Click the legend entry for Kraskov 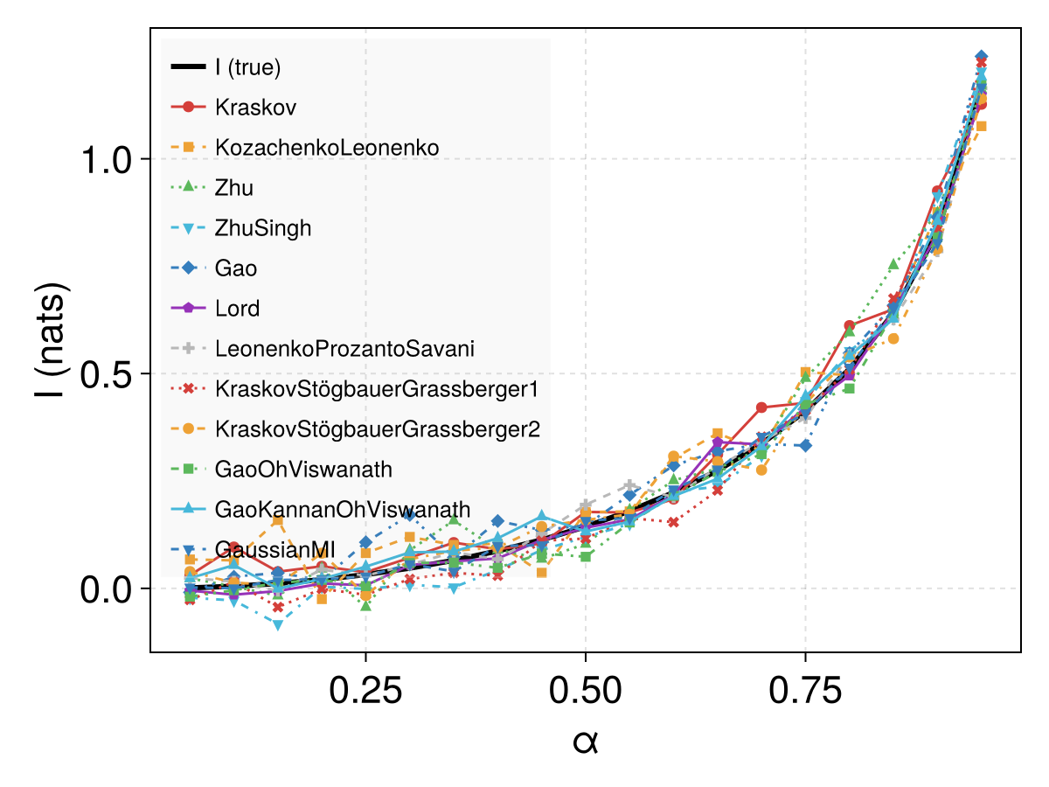pyautogui.click(x=255, y=107)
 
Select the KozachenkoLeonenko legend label pyautogui.click(x=327, y=147)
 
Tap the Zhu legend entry pyautogui.click(x=233, y=187)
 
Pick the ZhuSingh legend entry pyautogui.click(x=263, y=228)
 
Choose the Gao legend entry pyautogui.click(x=236, y=268)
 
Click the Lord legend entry pyautogui.click(x=237, y=308)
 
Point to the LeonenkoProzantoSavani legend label pyautogui.click(x=344, y=348)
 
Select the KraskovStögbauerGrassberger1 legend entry pyautogui.click(x=377, y=389)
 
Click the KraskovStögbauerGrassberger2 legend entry pyautogui.click(x=378, y=429)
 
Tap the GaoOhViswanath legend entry pyautogui.click(x=303, y=470)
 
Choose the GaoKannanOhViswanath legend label pyautogui.click(x=343, y=510)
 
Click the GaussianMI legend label pyautogui.click(x=274, y=549)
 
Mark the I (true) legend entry pyautogui.click(x=247, y=67)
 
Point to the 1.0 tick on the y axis pyautogui.click(x=106, y=160)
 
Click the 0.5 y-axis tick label pyautogui.click(x=106, y=374)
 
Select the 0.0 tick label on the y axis pyautogui.click(x=106, y=589)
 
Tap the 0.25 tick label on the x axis pyautogui.click(x=365, y=691)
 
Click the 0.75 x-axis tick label pyautogui.click(x=805, y=691)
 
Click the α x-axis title pyautogui.click(x=586, y=742)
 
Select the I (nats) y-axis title pyautogui.click(x=51, y=340)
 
